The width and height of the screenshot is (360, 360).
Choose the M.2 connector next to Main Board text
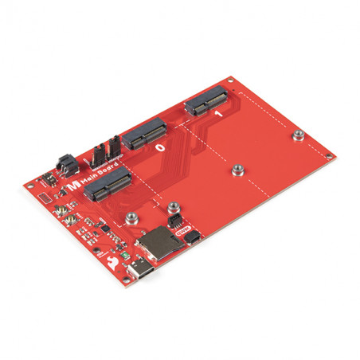pyautogui.click(x=108, y=185)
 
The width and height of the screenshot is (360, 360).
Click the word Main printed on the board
pyautogui.click(x=88, y=178)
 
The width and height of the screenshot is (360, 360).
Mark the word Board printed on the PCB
pyautogui.click(x=105, y=169)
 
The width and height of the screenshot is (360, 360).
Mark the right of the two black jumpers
pyautogui.click(x=115, y=143)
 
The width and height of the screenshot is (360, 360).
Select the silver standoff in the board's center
pyautogui.click(x=237, y=170)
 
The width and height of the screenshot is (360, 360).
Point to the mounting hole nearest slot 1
pyautogui.click(x=229, y=80)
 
